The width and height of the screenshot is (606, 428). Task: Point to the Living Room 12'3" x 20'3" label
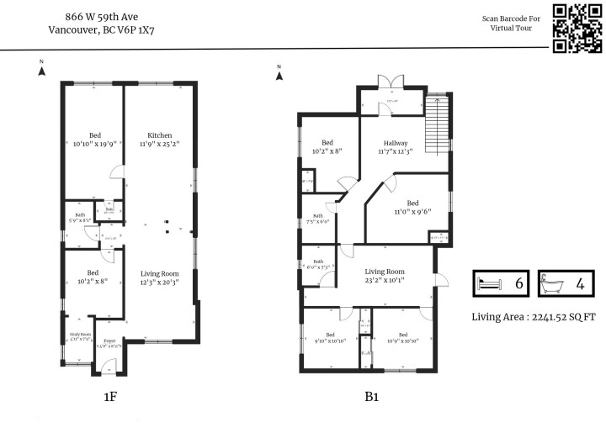(x=160, y=278)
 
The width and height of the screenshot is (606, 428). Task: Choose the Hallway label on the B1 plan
(x=396, y=146)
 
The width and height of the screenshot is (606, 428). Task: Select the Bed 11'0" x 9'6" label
(x=412, y=208)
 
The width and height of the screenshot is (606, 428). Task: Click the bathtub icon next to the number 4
(x=552, y=283)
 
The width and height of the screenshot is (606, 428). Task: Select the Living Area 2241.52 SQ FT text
(x=534, y=317)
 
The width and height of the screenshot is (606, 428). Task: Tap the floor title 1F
(x=109, y=395)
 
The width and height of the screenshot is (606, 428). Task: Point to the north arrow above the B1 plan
(x=279, y=72)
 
